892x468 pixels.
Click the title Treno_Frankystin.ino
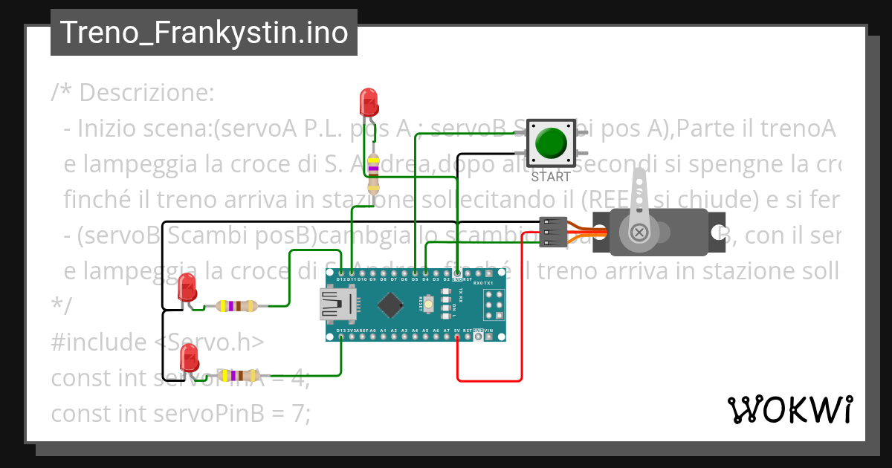click(x=204, y=33)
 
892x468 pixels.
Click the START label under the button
click(x=551, y=178)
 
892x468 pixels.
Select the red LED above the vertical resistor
click(x=367, y=101)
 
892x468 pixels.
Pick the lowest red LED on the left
click(x=189, y=361)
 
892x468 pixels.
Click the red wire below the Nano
click(x=488, y=380)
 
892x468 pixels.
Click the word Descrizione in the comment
click(x=146, y=94)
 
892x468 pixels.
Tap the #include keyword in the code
click(x=99, y=342)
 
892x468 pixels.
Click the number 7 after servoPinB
click(x=300, y=412)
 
